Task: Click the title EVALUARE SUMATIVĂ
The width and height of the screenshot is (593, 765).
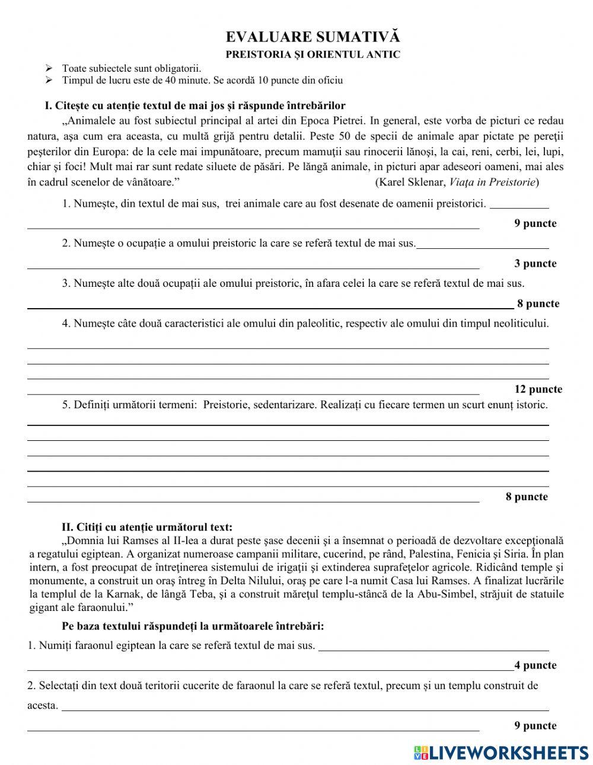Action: pos(313,37)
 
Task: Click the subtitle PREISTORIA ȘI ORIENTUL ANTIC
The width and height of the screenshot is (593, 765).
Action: pos(313,55)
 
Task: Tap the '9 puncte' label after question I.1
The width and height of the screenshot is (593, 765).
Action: pos(535,223)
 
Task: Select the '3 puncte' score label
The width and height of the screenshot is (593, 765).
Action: pos(535,264)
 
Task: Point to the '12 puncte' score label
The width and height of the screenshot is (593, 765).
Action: pos(538,389)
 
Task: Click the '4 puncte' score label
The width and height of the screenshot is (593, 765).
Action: pos(535,665)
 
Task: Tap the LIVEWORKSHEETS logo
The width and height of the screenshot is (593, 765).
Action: pos(501,752)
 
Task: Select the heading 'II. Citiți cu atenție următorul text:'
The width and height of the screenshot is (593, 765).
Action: pos(147,527)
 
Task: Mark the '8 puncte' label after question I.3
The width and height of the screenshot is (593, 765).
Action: pos(538,304)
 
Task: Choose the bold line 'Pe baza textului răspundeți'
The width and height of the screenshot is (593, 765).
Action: pos(193,626)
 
